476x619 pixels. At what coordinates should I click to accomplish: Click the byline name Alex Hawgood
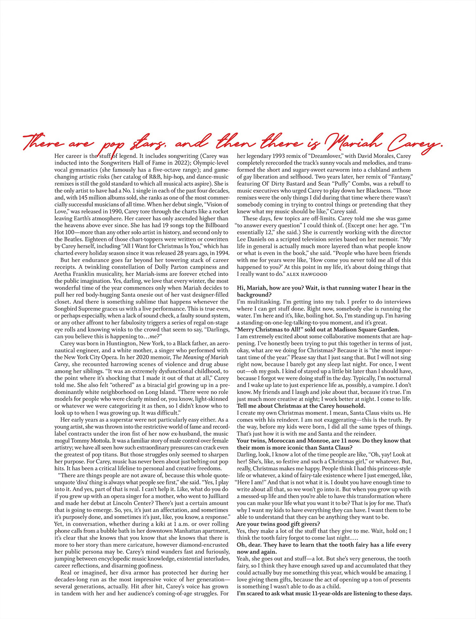point(307,274)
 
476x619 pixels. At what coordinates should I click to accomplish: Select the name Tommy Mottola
point(74,440)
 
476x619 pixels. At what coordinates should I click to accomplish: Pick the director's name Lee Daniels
point(255,239)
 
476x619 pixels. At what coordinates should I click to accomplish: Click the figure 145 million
point(92,198)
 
